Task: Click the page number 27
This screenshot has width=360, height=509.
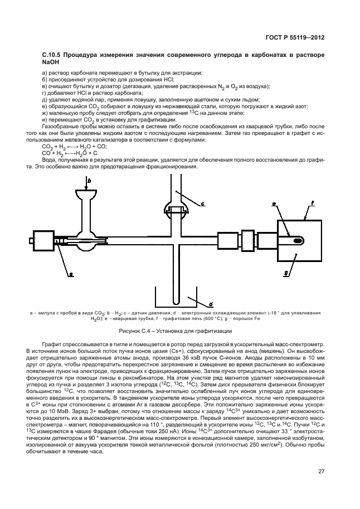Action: click(x=321, y=472)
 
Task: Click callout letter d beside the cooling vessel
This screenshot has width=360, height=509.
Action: click(x=211, y=304)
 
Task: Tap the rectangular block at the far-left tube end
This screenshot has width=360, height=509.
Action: click(x=44, y=240)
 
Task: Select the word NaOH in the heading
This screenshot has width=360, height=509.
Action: click(x=51, y=65)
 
